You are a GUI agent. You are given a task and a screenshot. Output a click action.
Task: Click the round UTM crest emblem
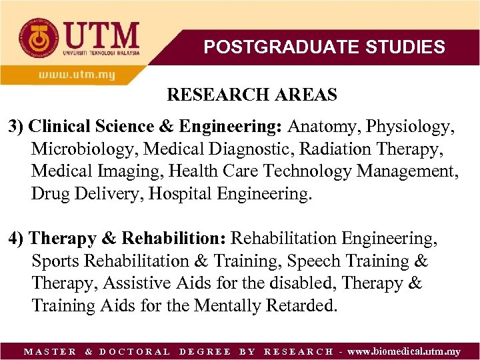(x=33, y=34)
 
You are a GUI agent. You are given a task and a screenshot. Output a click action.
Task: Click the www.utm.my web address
(x=76, y=75)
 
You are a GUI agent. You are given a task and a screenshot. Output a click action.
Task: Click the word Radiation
(x=322, y=149)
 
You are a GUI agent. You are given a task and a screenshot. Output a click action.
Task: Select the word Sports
(x=54, y=261)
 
